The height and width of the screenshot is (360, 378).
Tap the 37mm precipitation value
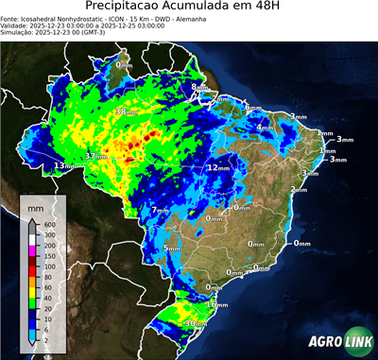95,155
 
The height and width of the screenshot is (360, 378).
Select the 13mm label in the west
64,166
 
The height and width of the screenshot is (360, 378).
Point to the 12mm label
218,167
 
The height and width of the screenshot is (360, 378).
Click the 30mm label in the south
197,323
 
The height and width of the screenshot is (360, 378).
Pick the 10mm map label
217,304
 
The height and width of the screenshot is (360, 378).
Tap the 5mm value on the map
171,248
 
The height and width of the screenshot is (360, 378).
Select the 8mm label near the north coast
198,88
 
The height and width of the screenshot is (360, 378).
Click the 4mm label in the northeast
266,127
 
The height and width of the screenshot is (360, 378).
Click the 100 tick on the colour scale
50,266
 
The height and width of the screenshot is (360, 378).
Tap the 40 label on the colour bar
48,297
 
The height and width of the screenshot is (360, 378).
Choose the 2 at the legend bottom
46,338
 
